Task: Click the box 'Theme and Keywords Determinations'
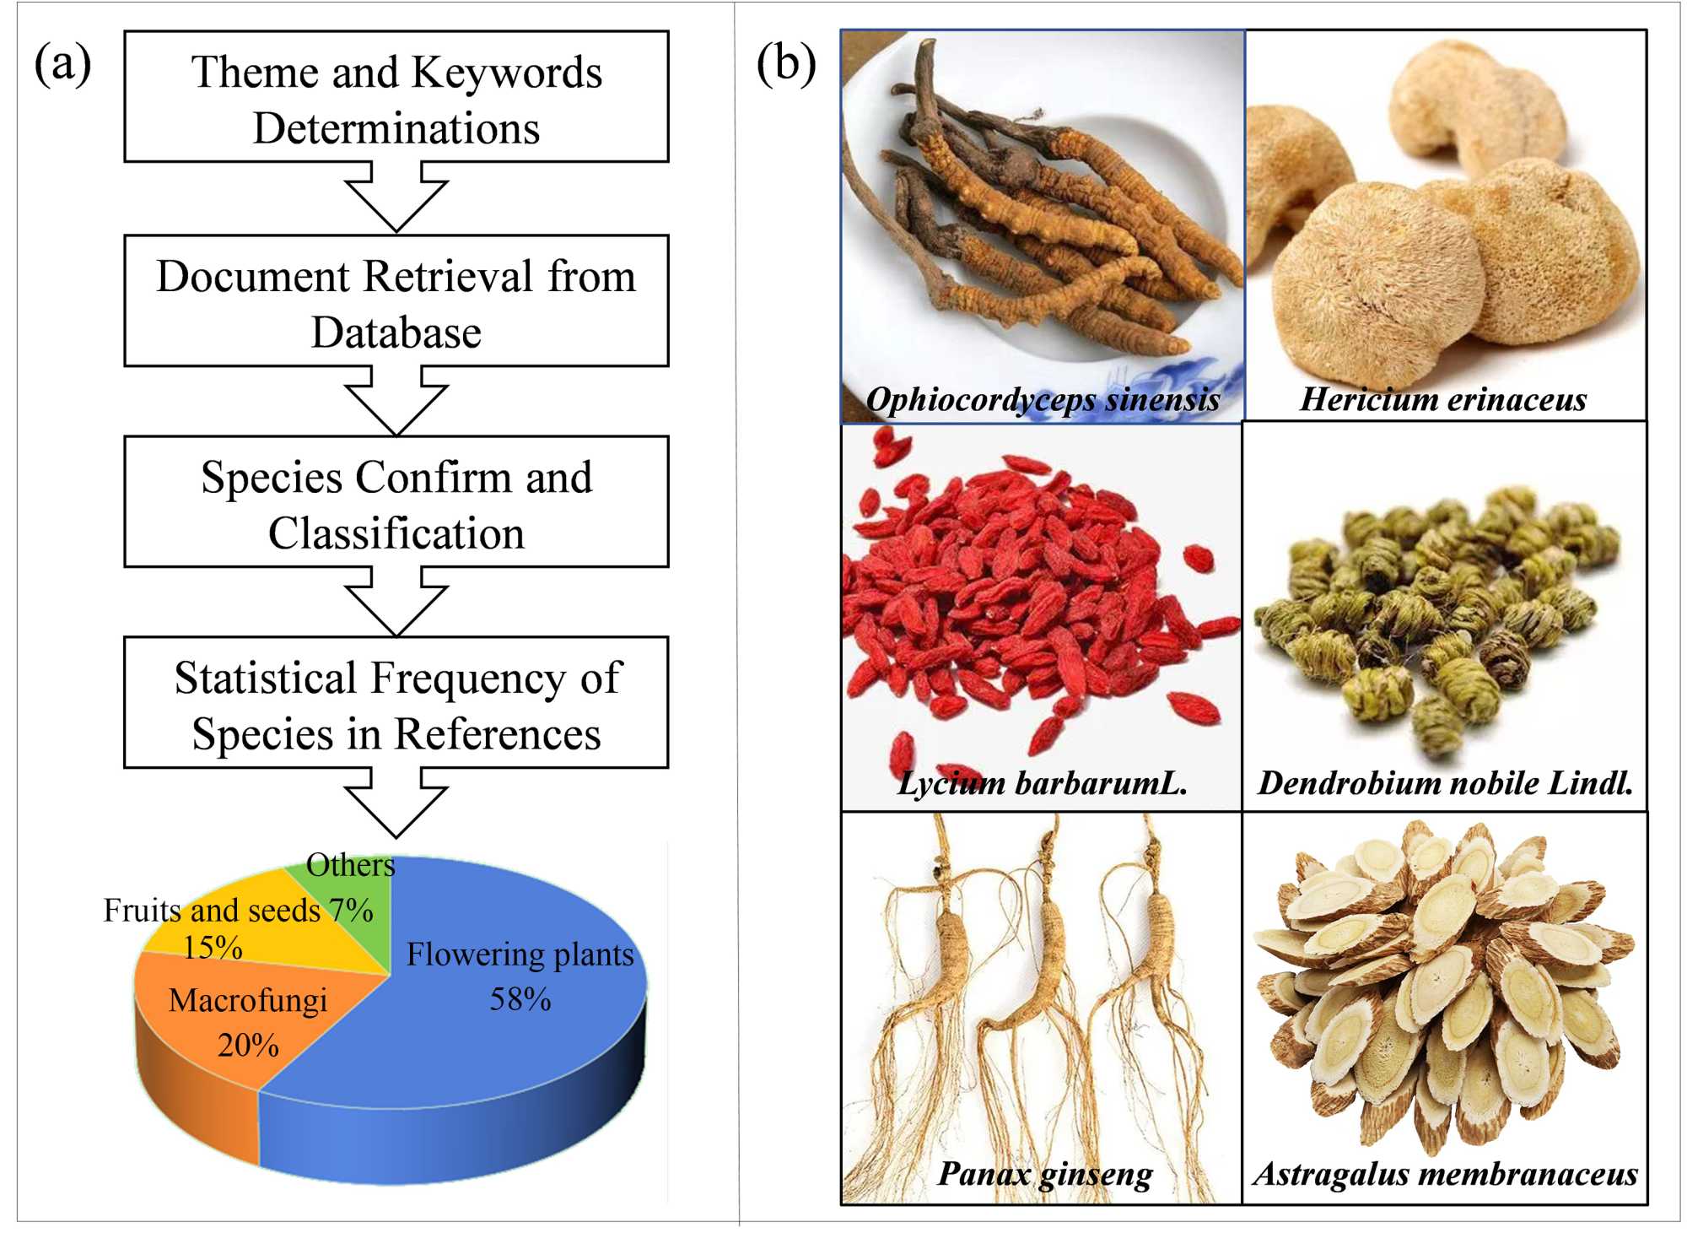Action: pos(396,97)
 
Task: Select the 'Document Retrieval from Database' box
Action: pos(396,301)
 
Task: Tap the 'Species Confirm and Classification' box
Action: pos(396,502)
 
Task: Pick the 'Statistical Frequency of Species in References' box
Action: pos(396,703)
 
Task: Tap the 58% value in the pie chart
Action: pos(520,1000)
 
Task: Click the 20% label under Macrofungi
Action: pos(248,1046)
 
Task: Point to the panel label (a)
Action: pos(62,63)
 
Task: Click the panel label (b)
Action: pos(786,63)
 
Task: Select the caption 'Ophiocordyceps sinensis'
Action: pos(1043,399)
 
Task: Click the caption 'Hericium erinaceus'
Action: pos(1443,399)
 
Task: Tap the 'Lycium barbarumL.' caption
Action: pos(1043,783)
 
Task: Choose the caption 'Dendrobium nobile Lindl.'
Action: pos(1445,783)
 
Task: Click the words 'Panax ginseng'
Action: pos(1045,1174)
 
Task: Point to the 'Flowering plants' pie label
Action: pos(520,954)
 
